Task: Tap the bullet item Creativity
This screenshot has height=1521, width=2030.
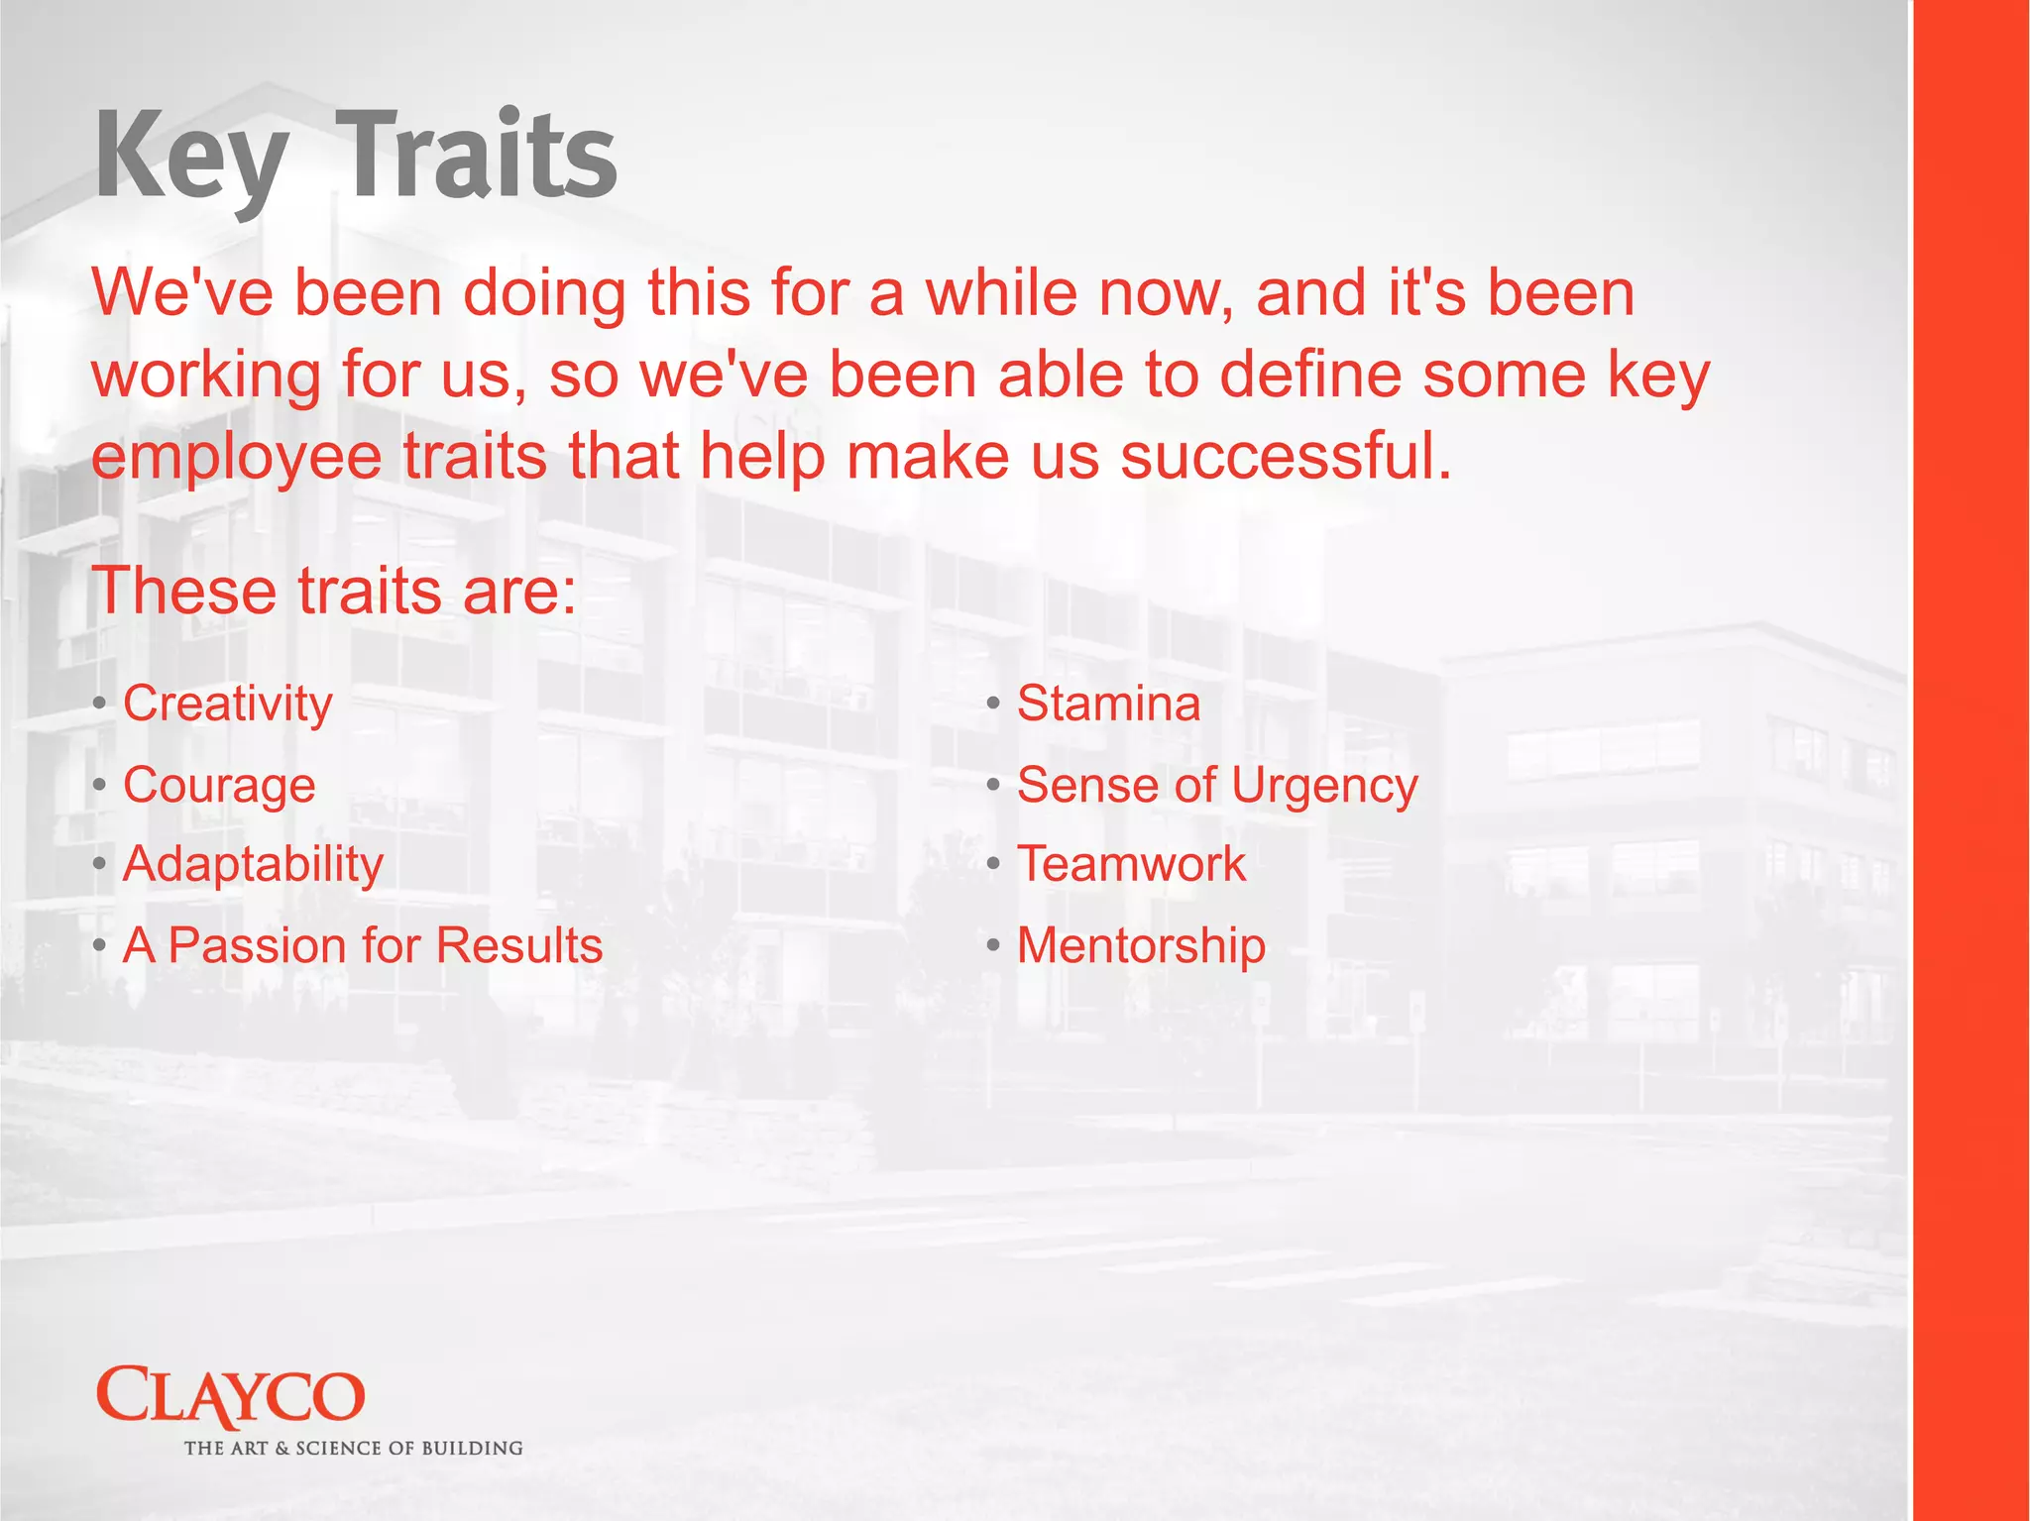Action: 227,704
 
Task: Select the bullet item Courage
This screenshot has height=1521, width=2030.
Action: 219,786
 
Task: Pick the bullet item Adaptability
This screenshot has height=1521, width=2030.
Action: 253,864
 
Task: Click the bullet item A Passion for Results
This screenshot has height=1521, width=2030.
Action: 362,945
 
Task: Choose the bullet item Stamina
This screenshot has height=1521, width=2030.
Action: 1108,704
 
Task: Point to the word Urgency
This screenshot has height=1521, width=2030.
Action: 1324,786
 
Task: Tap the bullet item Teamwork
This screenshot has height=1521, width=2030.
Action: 1131,864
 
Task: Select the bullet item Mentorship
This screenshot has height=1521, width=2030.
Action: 1141,945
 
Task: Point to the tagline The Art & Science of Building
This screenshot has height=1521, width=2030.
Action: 353,1449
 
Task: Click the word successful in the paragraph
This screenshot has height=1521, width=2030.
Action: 1286,457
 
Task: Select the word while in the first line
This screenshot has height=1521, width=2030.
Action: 1001,294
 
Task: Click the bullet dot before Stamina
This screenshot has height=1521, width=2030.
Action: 993,705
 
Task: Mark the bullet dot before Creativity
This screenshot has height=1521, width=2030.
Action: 99,705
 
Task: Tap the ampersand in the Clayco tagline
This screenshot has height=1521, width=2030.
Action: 282,1449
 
